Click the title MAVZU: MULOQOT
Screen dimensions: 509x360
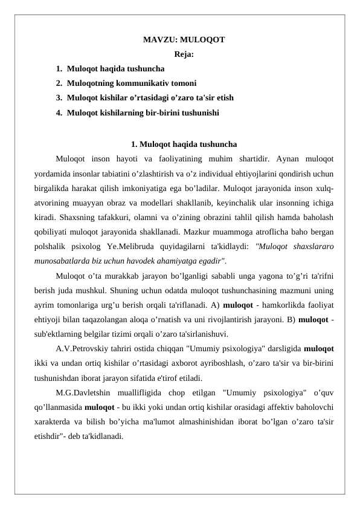pyautogui.click(x=184, y=41)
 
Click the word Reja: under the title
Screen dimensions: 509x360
pyautogui.click(x=184, y=54)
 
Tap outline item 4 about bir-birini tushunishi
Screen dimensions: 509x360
pyautogui.click(x=143, y=112)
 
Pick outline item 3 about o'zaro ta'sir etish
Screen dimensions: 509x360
pyautogui.click(x=150, y=97)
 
